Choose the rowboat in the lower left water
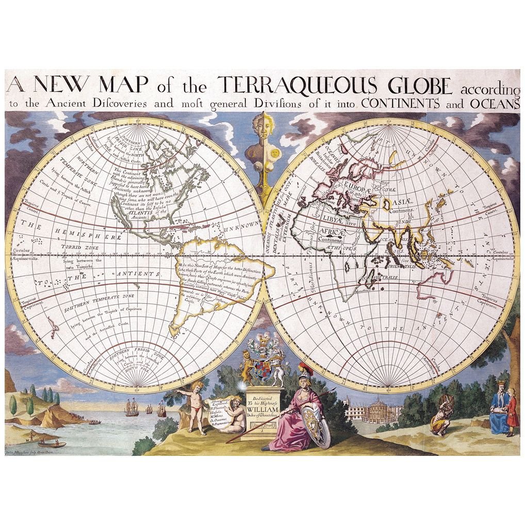(52, 444)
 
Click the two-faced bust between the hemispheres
(263, 142)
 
